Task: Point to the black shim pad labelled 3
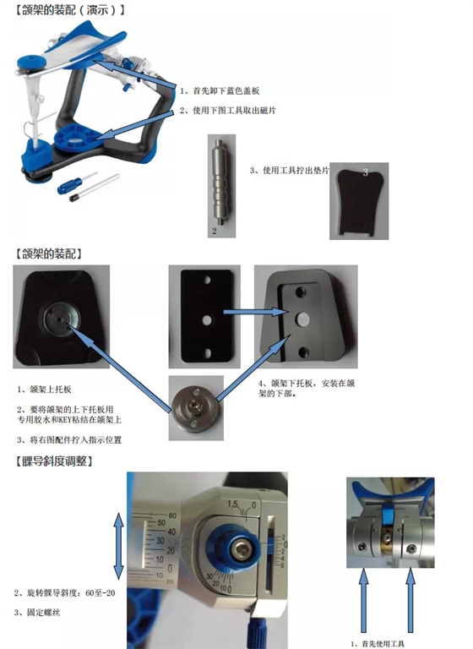(358, 203)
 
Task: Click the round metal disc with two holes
(196, 407)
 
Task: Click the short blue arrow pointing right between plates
(242, 314)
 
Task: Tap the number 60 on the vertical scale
(174, 515)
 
